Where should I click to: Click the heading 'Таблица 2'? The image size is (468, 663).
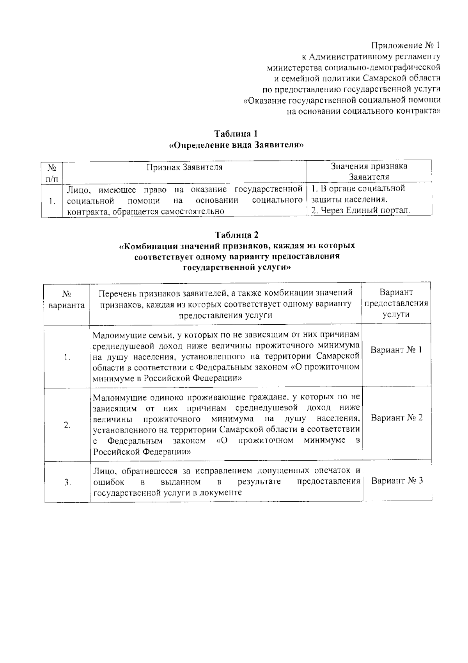click(x=236, y=235)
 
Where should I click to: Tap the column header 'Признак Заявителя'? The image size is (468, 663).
click(x=184, y=167)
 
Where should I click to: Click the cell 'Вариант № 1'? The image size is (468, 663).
click(x=396, y=350)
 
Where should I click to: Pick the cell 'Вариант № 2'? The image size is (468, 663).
click(x=396, y=418)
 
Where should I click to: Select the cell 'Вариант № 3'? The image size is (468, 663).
click(x=397, y=481)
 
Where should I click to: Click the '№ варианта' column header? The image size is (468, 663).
click(x=67, y=300)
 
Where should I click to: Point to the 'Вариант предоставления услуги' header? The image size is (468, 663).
click(x=396, y=303)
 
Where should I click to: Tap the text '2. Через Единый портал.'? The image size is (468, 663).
click(x=361, y=211)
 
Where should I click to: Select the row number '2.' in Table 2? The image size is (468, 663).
click(x=67, y=425)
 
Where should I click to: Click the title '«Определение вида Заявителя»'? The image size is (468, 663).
click(x=236, y=145)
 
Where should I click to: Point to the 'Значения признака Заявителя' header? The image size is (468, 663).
click(x=369, y=171)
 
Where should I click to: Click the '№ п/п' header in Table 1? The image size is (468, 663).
click(x=52, y=172)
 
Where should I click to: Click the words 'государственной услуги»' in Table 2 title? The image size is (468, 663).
click(x=236, y=268)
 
